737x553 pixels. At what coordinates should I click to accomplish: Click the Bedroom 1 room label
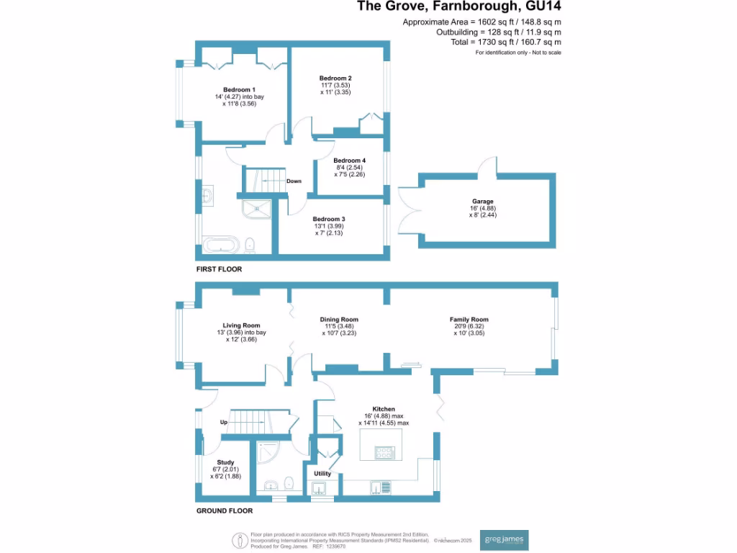pyautogui.click(x=239, y=90)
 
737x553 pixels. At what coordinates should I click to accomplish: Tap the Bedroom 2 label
pyautogui.click(x=335, y=78)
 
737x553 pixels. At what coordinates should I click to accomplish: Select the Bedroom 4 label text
pyautogui.click(x=349, y=161)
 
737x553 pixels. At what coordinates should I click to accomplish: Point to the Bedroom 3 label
pyautogui.click(x=329, y=219)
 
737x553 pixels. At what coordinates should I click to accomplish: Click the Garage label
pyautogui.click(x=483, y=202)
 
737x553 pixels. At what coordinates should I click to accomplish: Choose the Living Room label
pyautogui.click(x=241, y=325)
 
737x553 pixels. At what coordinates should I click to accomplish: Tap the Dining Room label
pyautogui.click(x=339, y=319)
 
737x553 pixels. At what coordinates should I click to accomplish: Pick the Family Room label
pyautogui.click(x=469, y=319)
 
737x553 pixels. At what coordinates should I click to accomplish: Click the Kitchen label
pyautogui.click(x=384, y=409)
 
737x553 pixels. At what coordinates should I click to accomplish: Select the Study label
pyautogui.click(x=225, y=462)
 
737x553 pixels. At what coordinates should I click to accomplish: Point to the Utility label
pyautogui.click(x=322, y=474)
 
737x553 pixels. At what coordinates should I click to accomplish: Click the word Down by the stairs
pyautogui.click(x=294, y=181)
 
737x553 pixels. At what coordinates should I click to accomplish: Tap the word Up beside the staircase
pyautogui.click(x=224, y=422)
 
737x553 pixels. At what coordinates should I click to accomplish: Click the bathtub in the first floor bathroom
pyautogui.click(x=221, y=245)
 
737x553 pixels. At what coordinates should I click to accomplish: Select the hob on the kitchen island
pyautogui.click(x=384, y=452)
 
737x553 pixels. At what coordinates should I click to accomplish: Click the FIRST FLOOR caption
pyautogui.click(x=219, y=269)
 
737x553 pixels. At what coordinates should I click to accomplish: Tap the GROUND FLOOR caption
pyautogui.click(x=225, y=511)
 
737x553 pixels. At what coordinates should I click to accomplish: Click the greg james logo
pyautogui.click(x=504, y=540)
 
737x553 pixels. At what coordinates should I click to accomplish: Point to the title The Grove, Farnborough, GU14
pyautogui.click(x=458, y=6)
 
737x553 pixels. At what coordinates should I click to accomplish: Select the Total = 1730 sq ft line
pyautogui.click(x=506, y=42)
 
